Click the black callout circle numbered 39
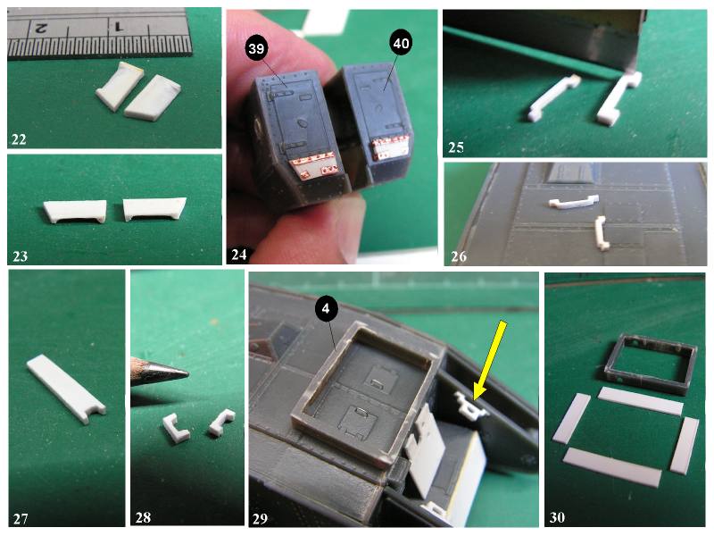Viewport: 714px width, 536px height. (256, 48)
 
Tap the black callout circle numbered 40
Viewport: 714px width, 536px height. (400, 43)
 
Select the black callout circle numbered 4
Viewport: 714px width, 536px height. (326, 309)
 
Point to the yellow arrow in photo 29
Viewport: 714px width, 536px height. (489, 360)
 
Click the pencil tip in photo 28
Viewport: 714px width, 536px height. (187, 374)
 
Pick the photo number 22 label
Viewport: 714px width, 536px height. (19, 139)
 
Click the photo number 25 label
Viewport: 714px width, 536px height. (456, 147)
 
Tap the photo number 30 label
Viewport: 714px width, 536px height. (557, 517)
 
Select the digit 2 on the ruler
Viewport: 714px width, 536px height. (40, 29)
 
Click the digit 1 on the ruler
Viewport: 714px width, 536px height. (118, 28)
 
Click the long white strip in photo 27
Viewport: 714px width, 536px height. (66, 389)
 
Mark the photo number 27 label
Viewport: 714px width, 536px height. (21, 519)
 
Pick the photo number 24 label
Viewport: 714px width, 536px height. (239, 255)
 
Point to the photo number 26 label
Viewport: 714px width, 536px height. (459, 256)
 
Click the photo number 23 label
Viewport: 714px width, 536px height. (20, 256)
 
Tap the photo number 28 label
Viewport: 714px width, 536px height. (143, 518)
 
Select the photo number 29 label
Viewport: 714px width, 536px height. (260, 519)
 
